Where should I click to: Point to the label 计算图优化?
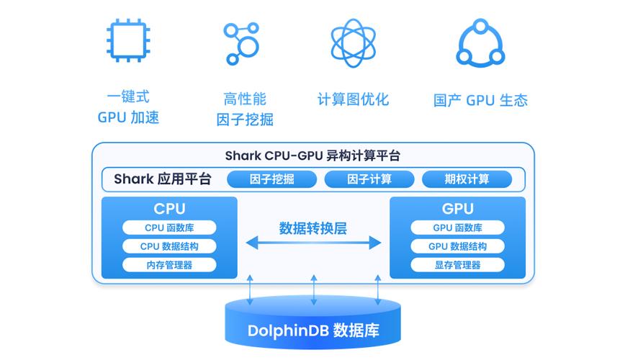353,99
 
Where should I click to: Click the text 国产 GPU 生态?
481,100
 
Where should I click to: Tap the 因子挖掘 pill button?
272,179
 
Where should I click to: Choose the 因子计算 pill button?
369,179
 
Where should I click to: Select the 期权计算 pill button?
467,179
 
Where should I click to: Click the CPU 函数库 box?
169,228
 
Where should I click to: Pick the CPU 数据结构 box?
169,246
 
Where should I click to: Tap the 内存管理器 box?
169,265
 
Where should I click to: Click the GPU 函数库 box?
458,228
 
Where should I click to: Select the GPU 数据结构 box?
458,246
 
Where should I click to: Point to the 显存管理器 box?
458,265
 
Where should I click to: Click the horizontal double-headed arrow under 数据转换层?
314,243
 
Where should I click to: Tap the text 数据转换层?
313,228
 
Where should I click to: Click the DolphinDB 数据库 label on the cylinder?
313,330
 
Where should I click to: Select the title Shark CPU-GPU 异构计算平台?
313,156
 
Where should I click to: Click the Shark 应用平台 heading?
163,179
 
